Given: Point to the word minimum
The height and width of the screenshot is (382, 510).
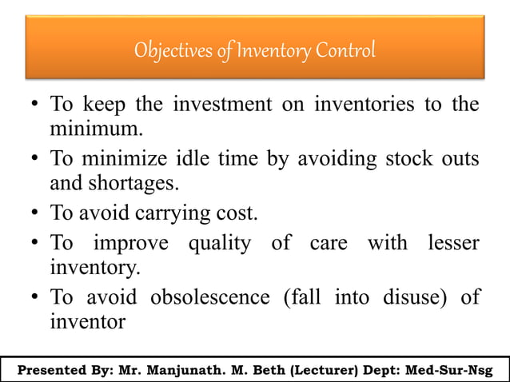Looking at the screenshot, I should tap(88, 128).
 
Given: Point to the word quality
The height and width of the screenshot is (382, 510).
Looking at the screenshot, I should tap(222, 244).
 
